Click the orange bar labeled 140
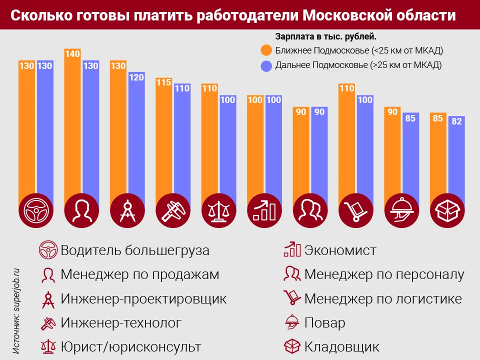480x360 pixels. [72, 125]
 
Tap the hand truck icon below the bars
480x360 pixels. [355, 210]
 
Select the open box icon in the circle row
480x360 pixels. [447, 210]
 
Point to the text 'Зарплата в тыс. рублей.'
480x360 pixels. [325, 37]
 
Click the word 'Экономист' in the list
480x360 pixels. [340, 250]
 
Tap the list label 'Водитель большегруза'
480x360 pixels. [135, 250]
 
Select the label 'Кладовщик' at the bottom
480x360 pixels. [342, 346]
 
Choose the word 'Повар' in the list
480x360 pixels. [324, 322]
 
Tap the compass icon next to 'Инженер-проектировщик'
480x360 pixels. [48, 298]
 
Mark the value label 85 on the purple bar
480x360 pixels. [411, 119]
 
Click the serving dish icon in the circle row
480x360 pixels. [401, 210]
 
